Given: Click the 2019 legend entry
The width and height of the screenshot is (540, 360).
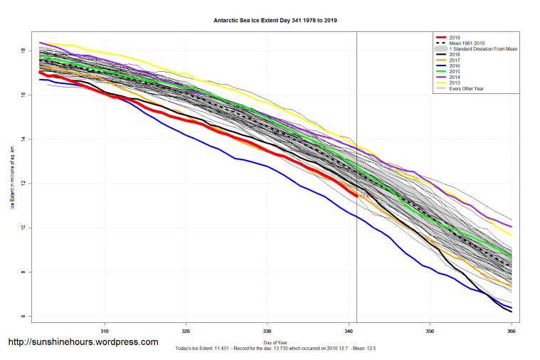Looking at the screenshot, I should pyautogui.click(x=455, y=36).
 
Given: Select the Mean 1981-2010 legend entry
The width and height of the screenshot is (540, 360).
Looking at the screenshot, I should pyautogui.click(x=469, y=43).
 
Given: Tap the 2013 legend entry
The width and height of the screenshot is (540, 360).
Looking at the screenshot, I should pyautogui.click(x=455, y=83).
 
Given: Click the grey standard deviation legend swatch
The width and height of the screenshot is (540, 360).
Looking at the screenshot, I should pyautogui.click(x=442, y=49).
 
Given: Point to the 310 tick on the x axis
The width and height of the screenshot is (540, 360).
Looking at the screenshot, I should pyautogui.click(x=105, y=331).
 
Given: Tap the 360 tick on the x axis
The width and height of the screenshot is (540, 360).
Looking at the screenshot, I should pyautogui.click(x=511, y=331).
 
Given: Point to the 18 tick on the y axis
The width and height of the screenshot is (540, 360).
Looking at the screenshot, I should pyautogui.click(x=23, y=51).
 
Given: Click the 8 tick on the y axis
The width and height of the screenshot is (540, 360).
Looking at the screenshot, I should pyautogui.click(x=23, y=272).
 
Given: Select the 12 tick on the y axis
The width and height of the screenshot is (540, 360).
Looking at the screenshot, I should pyautogui.click(x=23, y=184).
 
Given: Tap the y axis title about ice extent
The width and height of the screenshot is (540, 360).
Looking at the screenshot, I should pyautogui.click(x=12, y=178).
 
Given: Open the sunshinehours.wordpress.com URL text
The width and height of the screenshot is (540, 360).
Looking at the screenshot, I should pyautogui.click(x=83, y=342).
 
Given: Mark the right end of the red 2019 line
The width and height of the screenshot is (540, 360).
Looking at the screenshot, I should pyautogui.click(x=356, y=195).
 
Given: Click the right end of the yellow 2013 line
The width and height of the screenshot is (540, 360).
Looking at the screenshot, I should pyautogui.click(x=511, y=235).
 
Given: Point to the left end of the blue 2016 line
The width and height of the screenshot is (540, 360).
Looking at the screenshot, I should pyautogui.click(x=40, y=80).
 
